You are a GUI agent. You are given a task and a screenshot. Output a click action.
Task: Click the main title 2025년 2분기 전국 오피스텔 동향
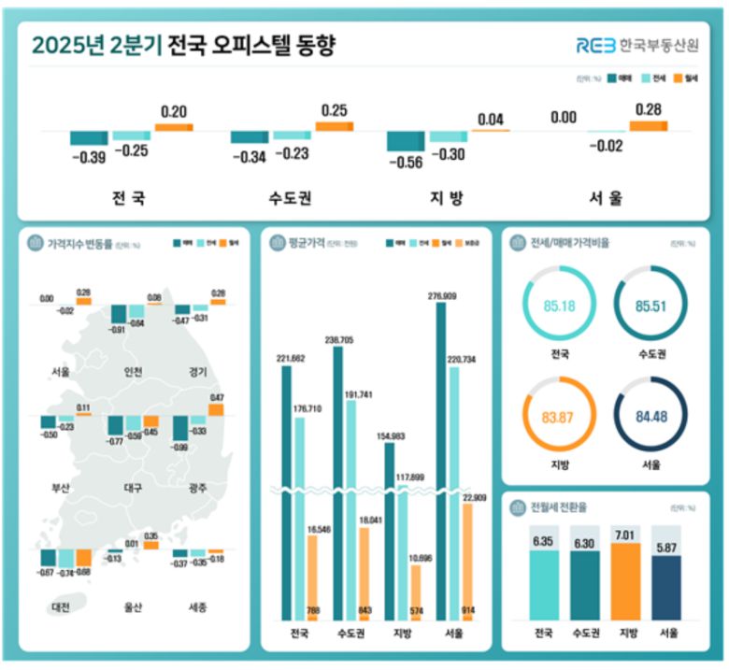183,45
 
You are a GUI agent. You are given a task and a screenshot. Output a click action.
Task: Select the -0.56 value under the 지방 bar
405,160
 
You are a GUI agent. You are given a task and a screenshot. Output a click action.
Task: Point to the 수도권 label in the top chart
289,198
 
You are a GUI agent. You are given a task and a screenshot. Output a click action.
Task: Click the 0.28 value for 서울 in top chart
648,110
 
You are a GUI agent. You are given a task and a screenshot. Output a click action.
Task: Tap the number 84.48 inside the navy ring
650,417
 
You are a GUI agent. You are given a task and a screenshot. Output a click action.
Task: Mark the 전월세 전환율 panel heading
559,508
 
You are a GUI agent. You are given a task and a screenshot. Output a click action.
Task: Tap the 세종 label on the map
195,607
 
